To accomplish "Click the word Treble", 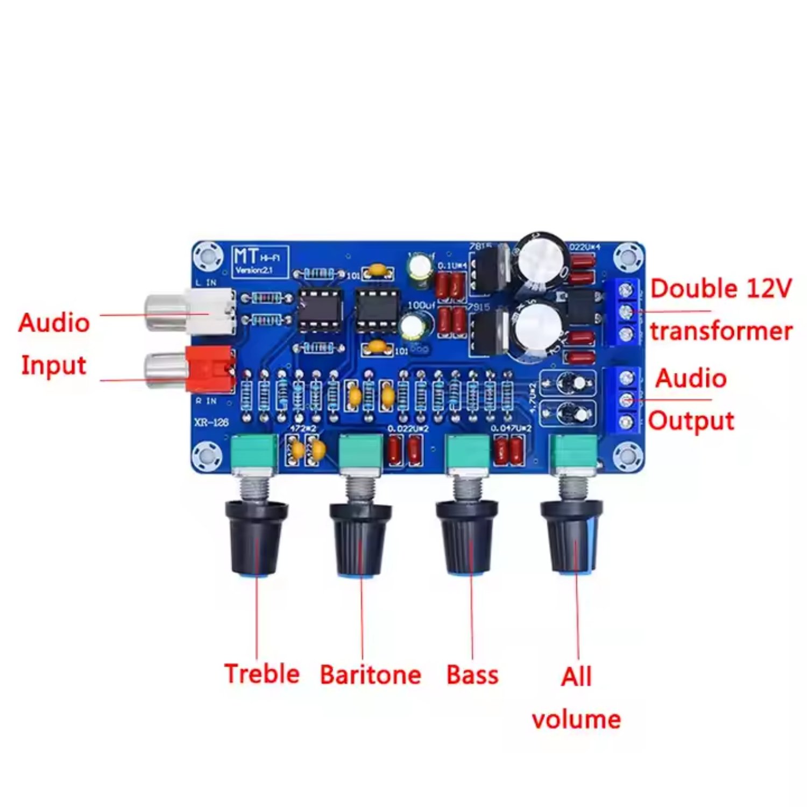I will coord(261,674).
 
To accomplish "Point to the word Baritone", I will coord(370,675).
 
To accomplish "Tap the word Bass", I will coord(472,675).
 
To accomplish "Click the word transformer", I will coord(721,330).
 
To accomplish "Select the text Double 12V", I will coord(721,289).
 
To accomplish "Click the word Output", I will coord(691,421).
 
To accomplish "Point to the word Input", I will coord(53,365).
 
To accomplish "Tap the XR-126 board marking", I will coord(211,422).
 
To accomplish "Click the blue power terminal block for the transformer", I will coord(625,313).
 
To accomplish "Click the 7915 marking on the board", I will coord(480,307).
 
